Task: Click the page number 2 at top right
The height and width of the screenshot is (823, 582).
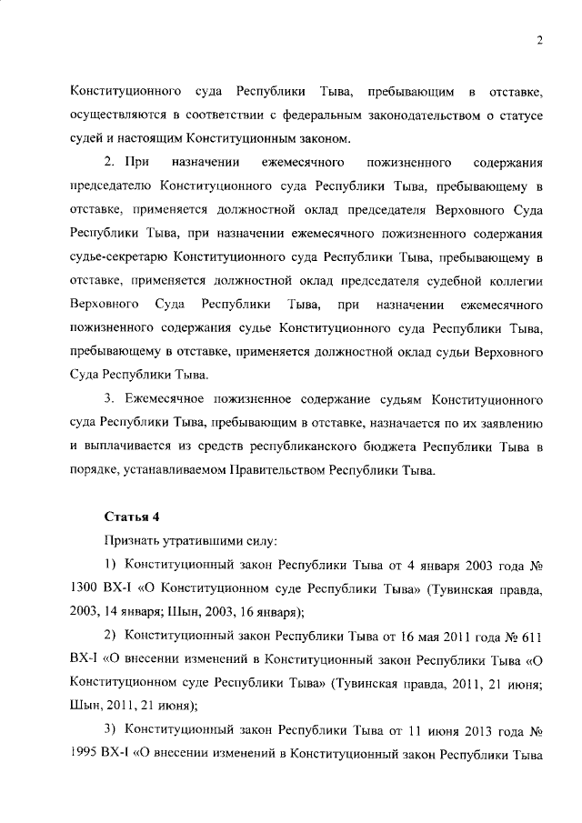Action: coord(539,41)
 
